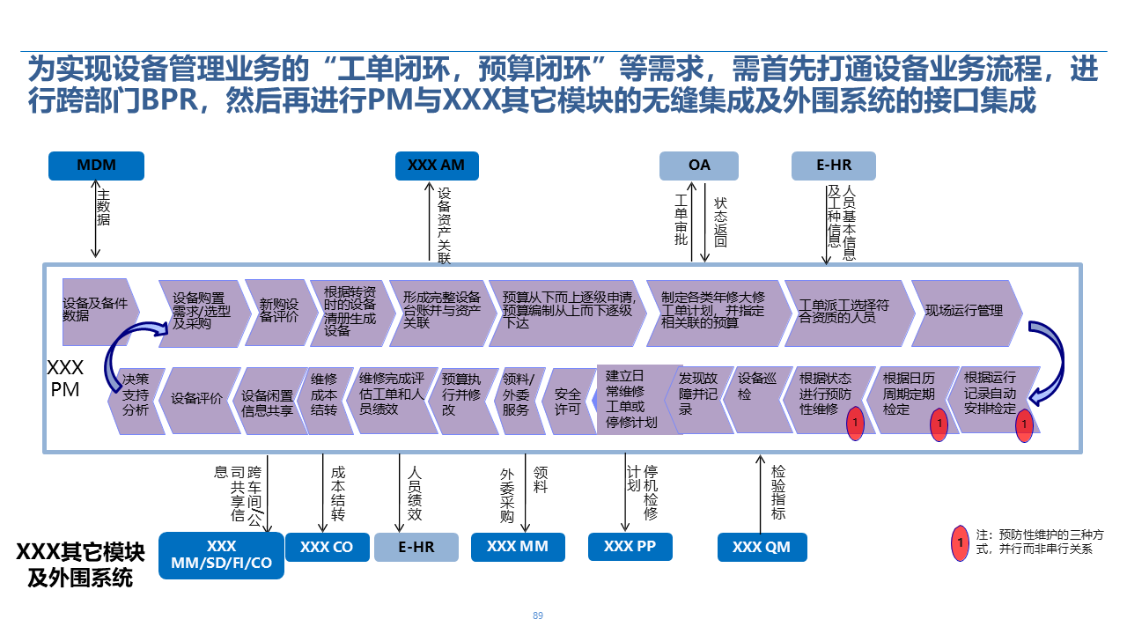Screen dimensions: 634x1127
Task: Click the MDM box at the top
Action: pyautogui.click(x=96, y=166)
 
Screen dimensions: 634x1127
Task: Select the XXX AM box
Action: pyautogui.click(x=437, y=166)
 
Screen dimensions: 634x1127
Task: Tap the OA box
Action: pyautogui.click(x=699, y=166)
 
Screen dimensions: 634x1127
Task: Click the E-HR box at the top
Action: pyautogui.click(x=833, y=166)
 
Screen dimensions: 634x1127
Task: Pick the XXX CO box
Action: pyautogui.click(x=326, y=547)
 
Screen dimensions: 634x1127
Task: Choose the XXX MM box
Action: pyautogui.click(x=517, y=547)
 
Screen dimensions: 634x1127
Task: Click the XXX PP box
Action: pyautogui.click(x=630, y=547)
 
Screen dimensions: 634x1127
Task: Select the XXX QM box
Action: pyautogui.click(x=761, y=547)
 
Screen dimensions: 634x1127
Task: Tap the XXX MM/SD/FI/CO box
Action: pyautogui.click(x=221, y=555)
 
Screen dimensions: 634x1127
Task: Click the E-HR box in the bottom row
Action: pyautogui.click(x=416, y=547)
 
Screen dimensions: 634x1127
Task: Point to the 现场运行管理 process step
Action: pyautogui.click(x=965, y=312)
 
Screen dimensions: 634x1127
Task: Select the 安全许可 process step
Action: pyautogui.click(x=568, y=402)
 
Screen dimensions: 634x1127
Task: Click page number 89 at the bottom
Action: pyautogui.click(x=538, y=616)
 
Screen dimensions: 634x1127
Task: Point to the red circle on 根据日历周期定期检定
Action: pyautogui.click(x=939, y=424)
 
